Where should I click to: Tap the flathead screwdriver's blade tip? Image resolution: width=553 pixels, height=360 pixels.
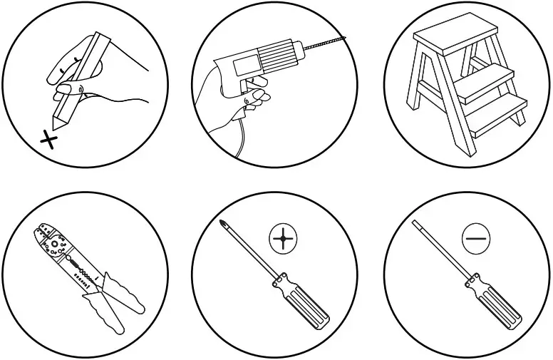tap(416, 224)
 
